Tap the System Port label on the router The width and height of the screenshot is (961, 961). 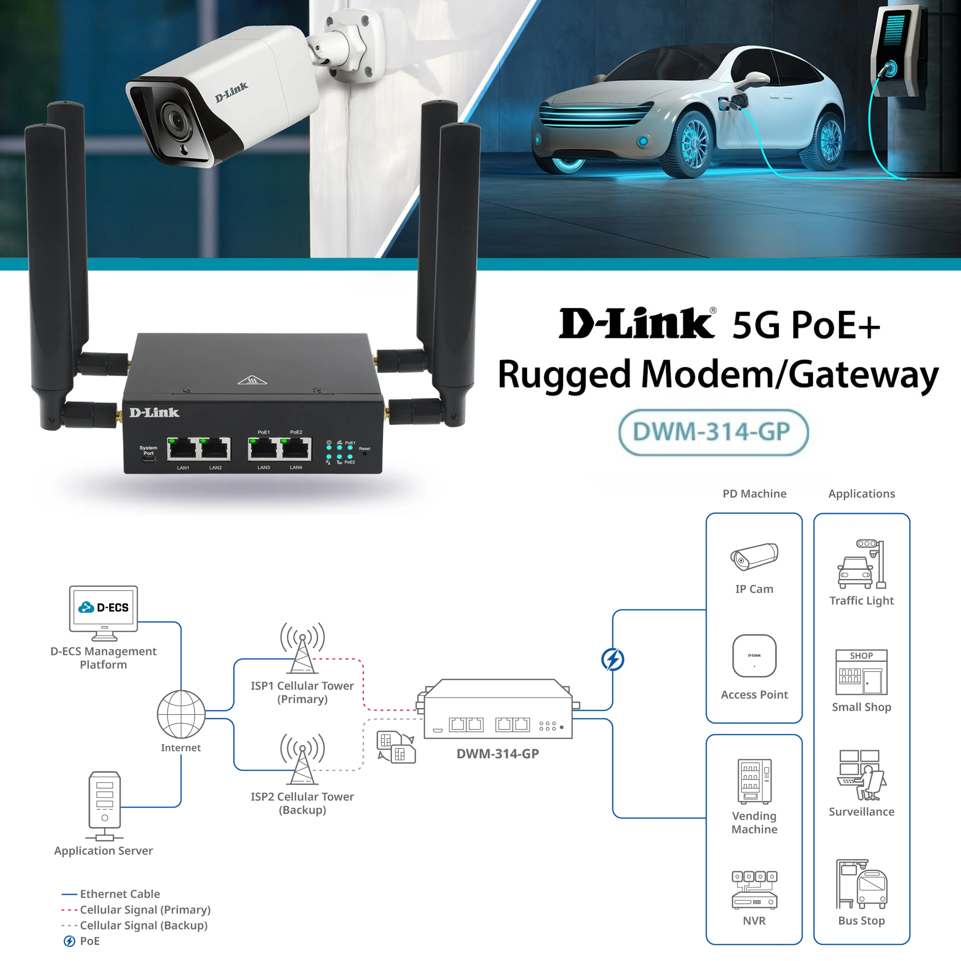(x=148, y=450)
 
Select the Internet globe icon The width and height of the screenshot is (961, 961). (x=181, y=714)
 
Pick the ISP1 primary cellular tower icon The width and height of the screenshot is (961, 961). (x=302, y=648)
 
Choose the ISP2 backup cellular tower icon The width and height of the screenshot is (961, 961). (x=302, y=759)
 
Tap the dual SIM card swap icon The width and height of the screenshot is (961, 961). (x=396, y=747)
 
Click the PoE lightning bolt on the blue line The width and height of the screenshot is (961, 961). (x=613, y=660)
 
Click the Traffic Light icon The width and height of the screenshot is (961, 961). (x=862, y=564)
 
